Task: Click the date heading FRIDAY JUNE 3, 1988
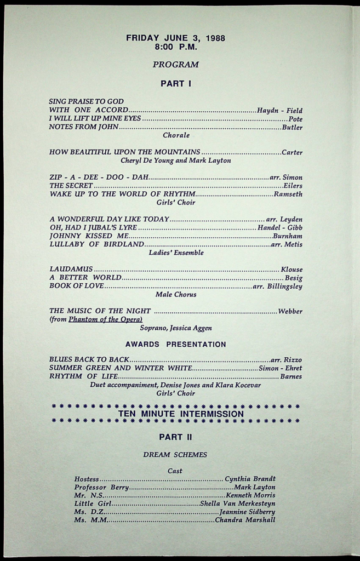tap(175, 38)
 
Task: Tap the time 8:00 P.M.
tap(175, 47)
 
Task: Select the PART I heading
tap(175, 84)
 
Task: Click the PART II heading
tap(175, 437)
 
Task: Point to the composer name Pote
tap(295, 119)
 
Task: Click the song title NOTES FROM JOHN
tap(83, 127)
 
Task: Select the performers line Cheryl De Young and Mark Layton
tap(175, 161)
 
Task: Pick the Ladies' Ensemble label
tap(176, 253)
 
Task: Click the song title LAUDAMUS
tap(71, 270)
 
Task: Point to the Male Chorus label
tap(176, 294)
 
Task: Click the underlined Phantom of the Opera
tap(105, 319)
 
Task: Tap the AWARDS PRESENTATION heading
tap(175, 345)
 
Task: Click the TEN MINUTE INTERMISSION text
tap(181, 414)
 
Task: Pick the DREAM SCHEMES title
tap(175, 455)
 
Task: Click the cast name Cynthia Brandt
tap(250, 479)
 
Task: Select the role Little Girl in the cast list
tap(93, 503)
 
